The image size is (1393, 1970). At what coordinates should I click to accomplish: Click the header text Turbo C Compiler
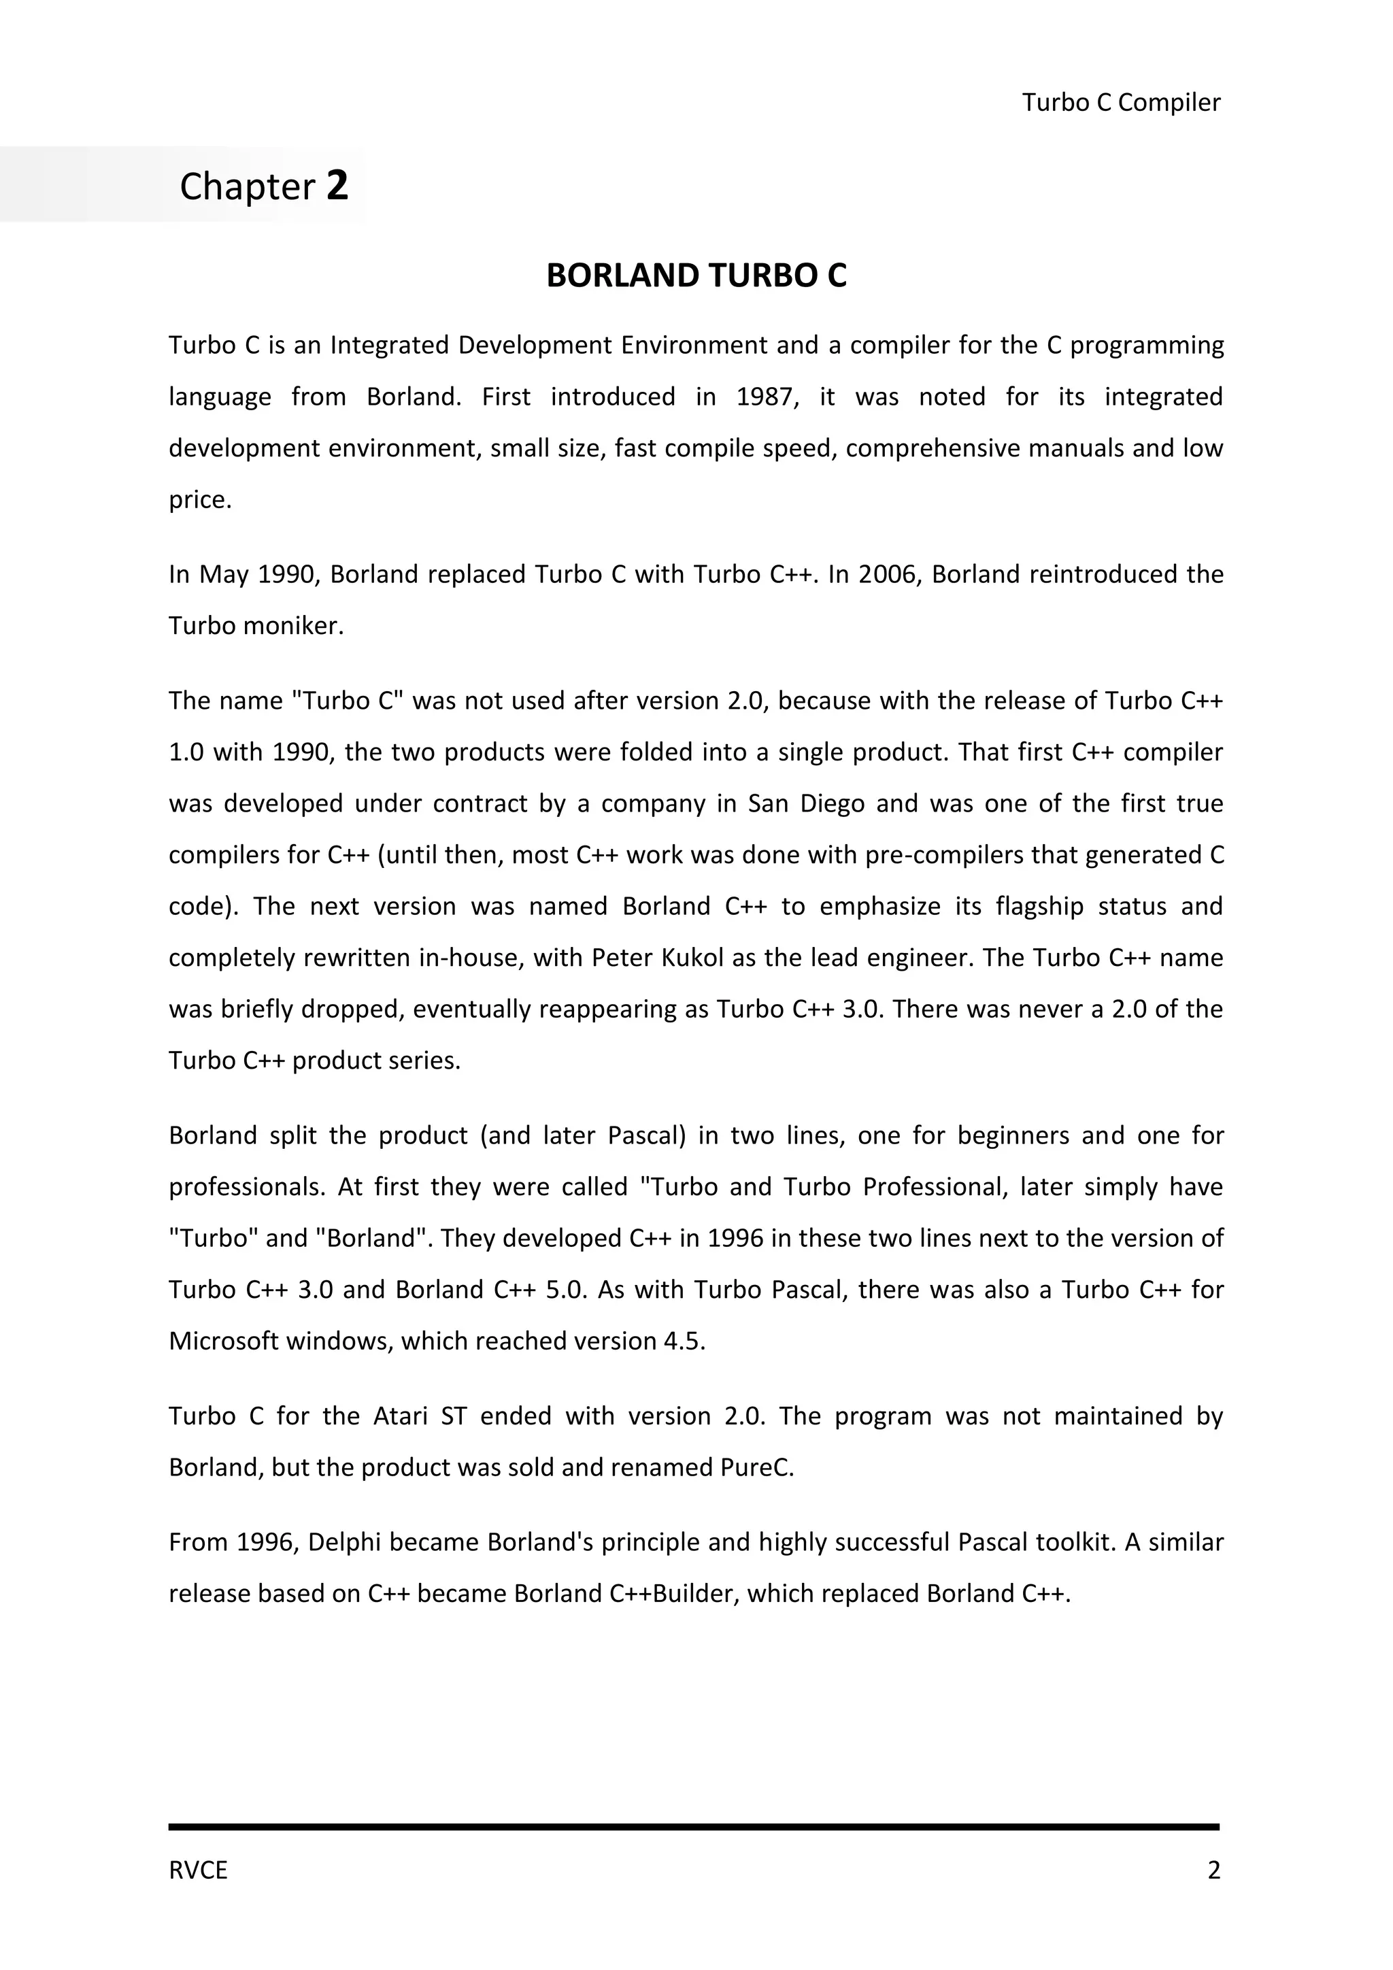[x=1120, y=103]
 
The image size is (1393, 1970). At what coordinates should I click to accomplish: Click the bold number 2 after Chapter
[x=337, y=185]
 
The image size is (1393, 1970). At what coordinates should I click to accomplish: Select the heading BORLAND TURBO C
[x=696, y=276]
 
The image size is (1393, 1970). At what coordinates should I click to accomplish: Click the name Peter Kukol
[x=658, y=958]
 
